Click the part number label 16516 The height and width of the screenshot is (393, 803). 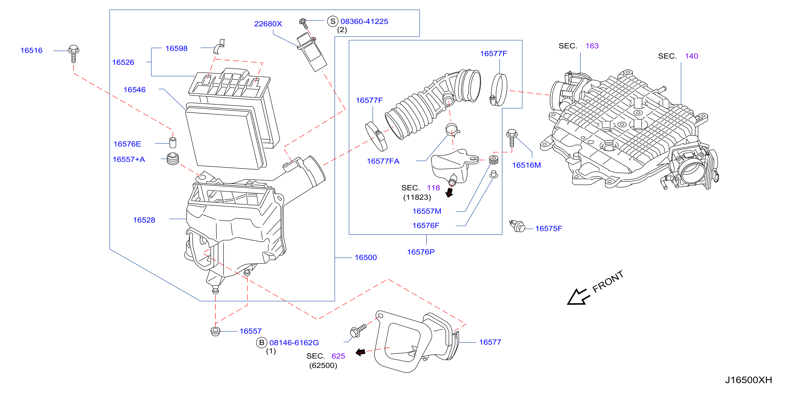[31, 51]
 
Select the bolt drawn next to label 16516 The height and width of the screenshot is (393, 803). [74, 54]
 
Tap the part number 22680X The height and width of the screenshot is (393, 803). [268, 24]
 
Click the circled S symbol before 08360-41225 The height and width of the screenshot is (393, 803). [333, 21]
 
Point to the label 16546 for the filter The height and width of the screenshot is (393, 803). [134, 90]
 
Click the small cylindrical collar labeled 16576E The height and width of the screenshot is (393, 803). [173, 142]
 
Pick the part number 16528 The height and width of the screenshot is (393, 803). [144, 220]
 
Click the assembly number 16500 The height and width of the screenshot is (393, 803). [366, 258]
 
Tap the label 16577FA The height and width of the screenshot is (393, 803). [383, 161]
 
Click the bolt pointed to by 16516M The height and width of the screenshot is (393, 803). [511, 137]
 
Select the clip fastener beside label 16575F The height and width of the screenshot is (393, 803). [518, 226]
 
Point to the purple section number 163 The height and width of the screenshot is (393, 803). [592, 46]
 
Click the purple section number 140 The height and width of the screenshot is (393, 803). [691, 56]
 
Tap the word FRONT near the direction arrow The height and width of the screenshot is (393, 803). [608, 282]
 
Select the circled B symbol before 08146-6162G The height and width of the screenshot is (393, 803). [261, 343]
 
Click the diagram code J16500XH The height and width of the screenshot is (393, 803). [748, 380]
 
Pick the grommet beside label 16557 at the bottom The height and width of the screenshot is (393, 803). [215, 331]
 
